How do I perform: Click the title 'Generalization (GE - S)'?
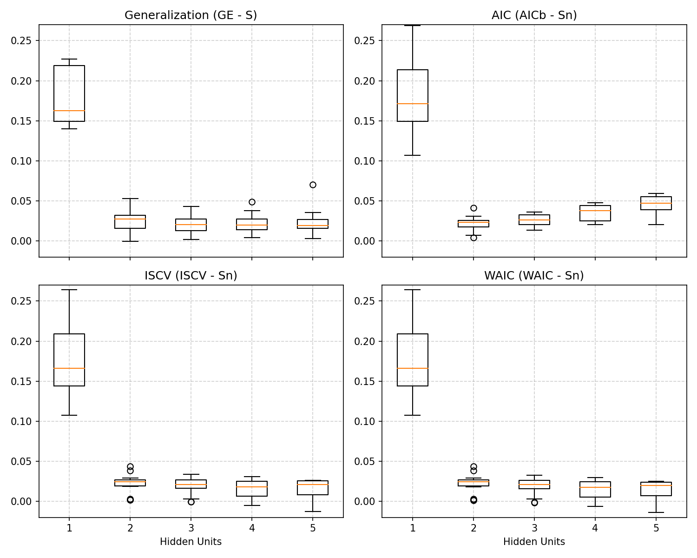191,15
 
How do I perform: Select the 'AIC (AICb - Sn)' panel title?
534,15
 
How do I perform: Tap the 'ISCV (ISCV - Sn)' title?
191,276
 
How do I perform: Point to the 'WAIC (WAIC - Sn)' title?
534,276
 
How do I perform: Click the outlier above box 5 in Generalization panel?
313,185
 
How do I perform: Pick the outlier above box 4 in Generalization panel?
252,202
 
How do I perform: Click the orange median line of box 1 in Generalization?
69,111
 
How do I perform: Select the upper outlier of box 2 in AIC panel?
473,208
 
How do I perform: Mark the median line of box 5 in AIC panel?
656,203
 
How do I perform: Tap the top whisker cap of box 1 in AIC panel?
412,26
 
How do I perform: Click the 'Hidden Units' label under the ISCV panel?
191,542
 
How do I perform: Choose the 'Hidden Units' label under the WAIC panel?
534,542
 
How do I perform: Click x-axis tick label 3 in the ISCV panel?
191,528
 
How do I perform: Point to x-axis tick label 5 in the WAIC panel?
656,528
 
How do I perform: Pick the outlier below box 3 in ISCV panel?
191,502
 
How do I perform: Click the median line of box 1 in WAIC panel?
412,368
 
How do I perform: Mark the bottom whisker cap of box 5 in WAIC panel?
656,512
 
